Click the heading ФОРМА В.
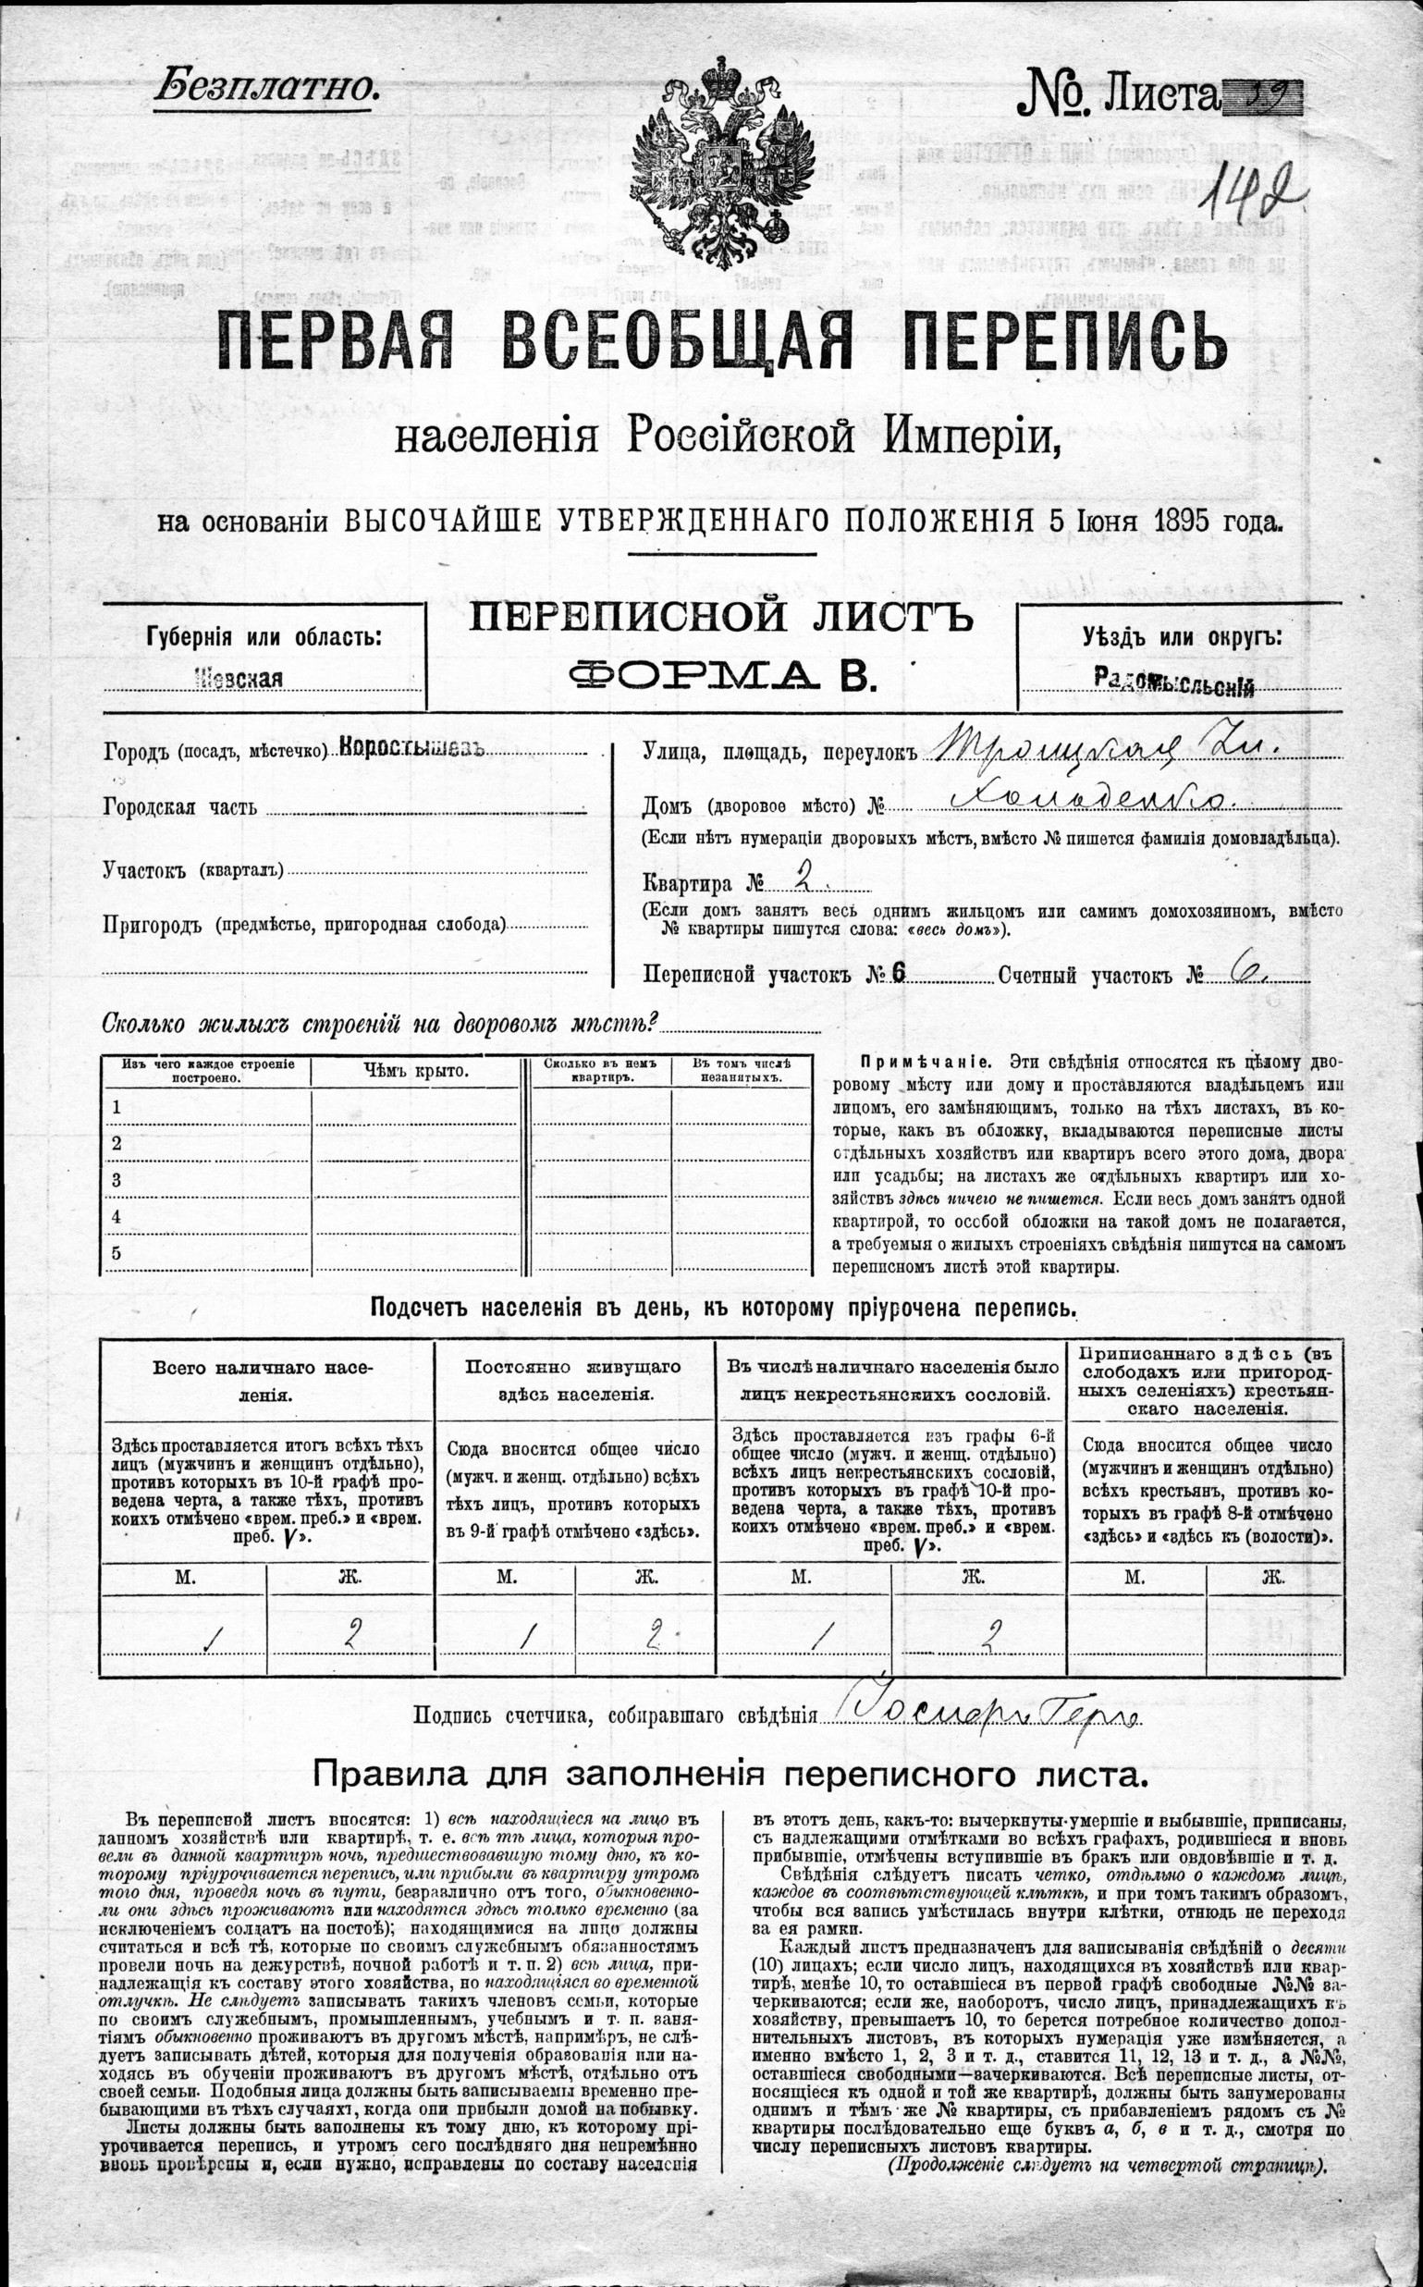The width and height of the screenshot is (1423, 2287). click(721, 676)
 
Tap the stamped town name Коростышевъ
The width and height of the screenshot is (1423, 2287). click(411, 748)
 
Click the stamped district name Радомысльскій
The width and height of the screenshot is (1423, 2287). click(1174, 684)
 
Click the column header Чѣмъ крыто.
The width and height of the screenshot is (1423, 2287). click(415, 1071)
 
